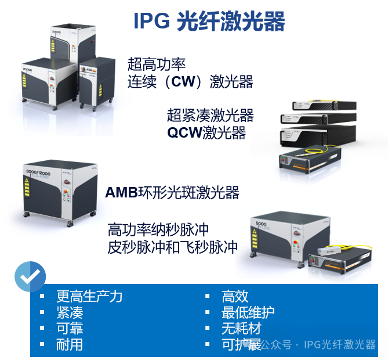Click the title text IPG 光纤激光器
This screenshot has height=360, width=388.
pos(209,21)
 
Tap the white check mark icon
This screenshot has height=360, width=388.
pos(30,276)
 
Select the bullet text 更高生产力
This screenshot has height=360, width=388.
pos(89,296)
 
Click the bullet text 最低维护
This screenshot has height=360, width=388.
pos(248,312)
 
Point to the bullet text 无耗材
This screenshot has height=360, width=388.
pos(241,328)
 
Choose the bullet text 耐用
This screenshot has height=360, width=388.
pos(70,345)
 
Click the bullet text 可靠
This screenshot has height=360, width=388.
pos(70,328)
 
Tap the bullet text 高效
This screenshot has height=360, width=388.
pos(235,296)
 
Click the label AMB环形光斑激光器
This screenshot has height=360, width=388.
pos(172,193)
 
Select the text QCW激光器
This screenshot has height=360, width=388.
pos(206,132)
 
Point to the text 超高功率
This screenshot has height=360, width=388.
pos(157,64)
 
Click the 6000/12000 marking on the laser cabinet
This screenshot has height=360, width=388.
pos(38,172)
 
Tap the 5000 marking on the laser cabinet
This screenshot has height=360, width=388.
pos(261,224)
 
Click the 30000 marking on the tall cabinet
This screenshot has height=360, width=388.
pos(56,32)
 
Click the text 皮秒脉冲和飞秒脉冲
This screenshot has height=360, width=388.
pos(173,247)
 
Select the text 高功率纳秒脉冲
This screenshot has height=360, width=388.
pos(158,230)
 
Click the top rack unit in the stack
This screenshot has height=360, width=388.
pos(324,105)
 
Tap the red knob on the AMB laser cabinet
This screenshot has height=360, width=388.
pos(66,182)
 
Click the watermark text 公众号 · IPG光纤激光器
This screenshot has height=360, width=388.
pos(318,344)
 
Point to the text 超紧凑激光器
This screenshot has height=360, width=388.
pos(211,115)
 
